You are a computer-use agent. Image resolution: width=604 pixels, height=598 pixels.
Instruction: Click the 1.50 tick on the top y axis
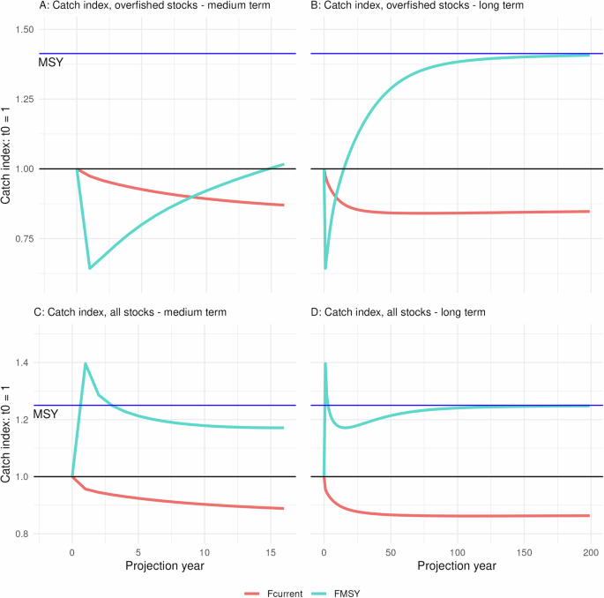click(23, 30)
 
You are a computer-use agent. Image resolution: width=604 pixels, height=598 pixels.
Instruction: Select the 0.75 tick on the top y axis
click(23, 238)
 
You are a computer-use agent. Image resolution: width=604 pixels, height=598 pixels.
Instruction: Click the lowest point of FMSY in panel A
click(90, 268)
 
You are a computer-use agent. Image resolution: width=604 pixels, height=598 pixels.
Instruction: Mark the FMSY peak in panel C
click(86, 363)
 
